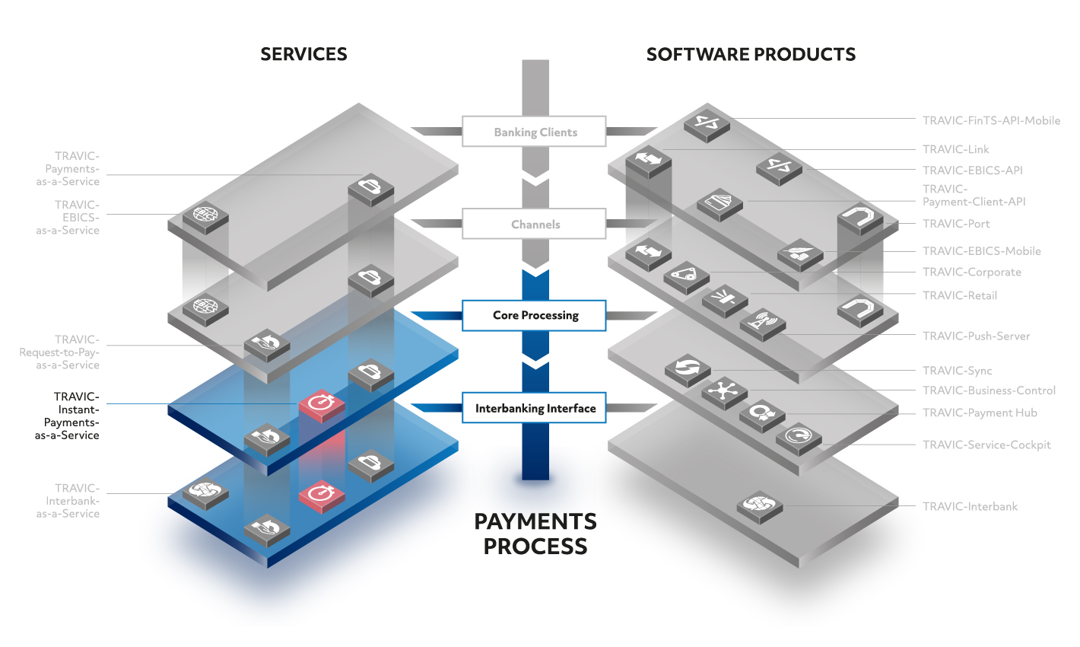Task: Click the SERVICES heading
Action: tap(303, 54)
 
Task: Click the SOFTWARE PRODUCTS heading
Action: tap(751, 54)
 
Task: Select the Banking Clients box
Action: tap(534, 131)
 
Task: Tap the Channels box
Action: tap(534, 224)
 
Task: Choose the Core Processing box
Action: tap(534, 316)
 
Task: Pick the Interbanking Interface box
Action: tap(534, 408)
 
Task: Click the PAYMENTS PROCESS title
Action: tap(535, 534)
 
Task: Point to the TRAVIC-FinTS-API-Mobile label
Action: tap(991, 120)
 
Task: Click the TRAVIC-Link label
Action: tap(955, 149)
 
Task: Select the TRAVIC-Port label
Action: tap(956, 224)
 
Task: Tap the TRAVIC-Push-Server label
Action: tap(977, 336)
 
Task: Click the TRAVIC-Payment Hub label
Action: tap(980, 413)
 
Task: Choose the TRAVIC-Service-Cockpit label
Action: tap(986, 445)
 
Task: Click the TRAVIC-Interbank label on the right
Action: tap(970, 507)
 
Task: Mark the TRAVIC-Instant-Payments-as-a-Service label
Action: tap(67, 416)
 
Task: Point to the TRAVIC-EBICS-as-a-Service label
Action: tap(68, 218)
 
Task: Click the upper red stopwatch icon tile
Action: tap(322, 404)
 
